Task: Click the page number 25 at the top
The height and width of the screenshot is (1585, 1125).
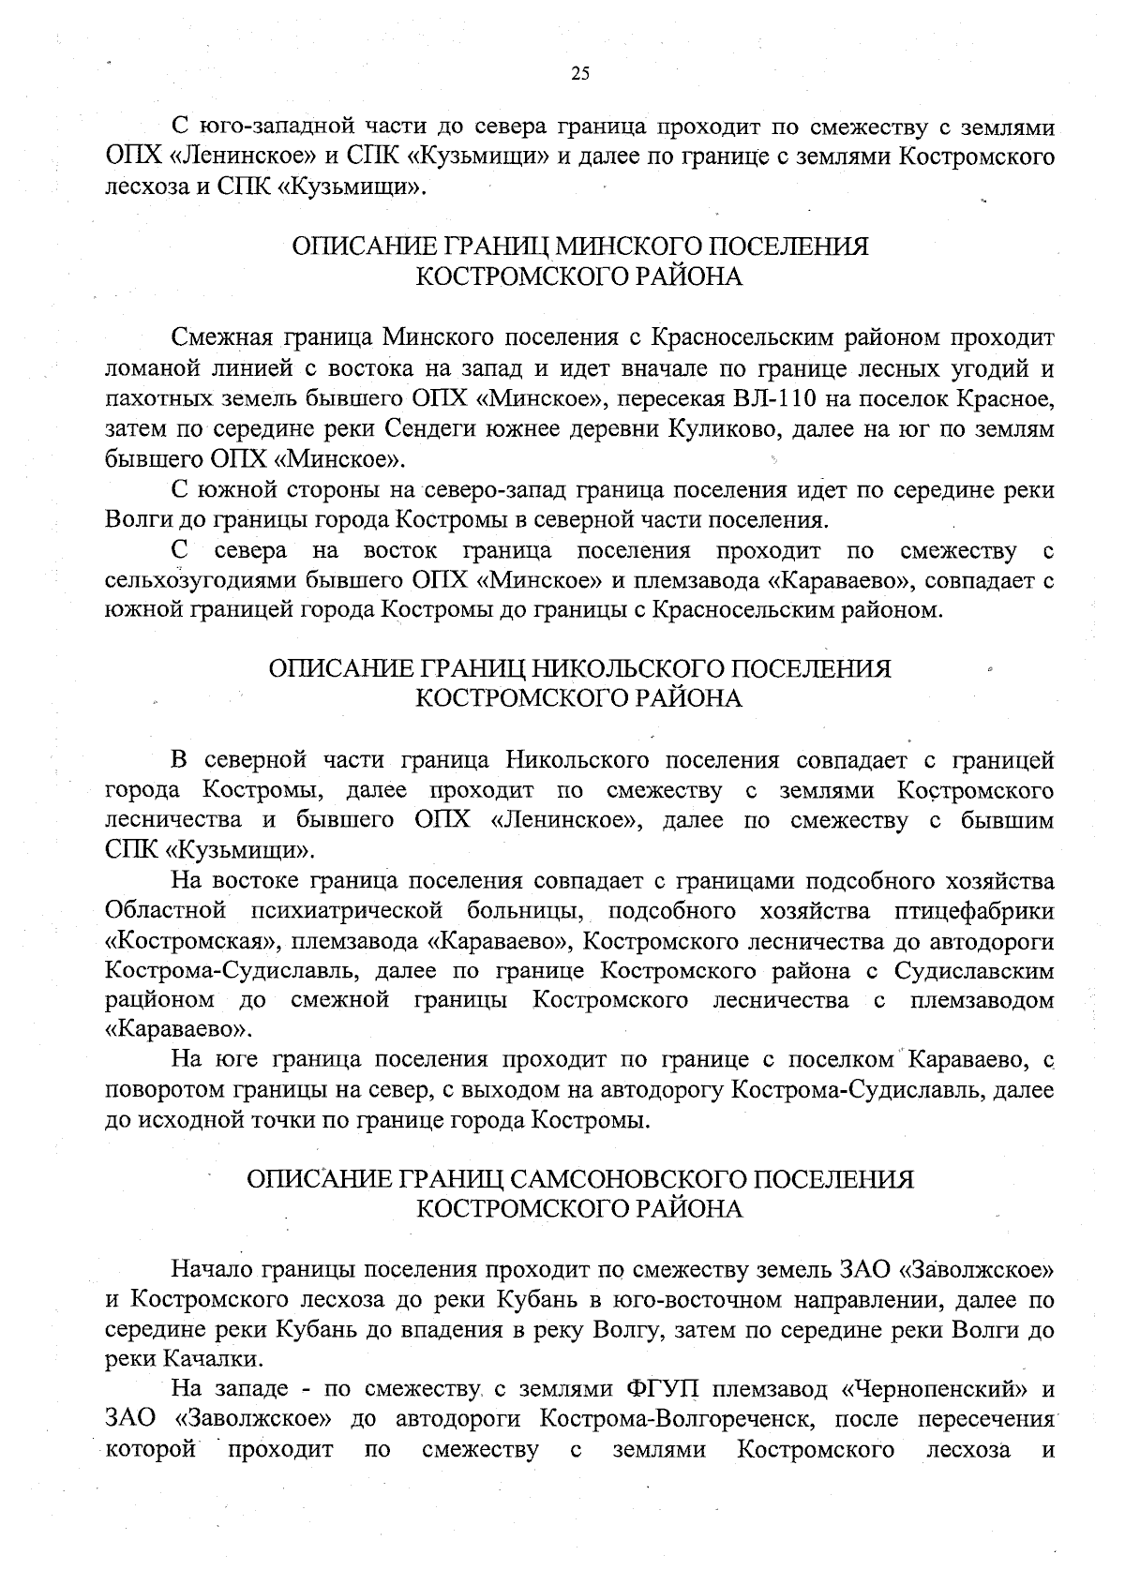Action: (579, 75)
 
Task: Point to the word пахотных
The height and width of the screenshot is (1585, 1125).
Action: (147, 399)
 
